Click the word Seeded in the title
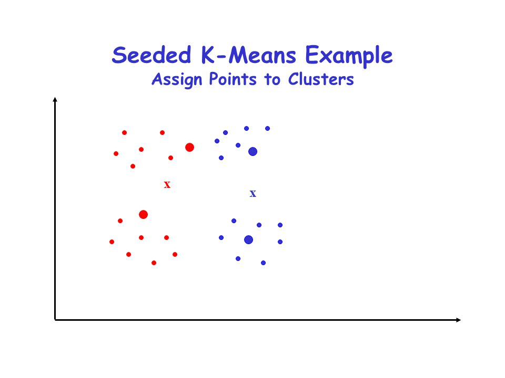pyautogui.click(x=151, y=55)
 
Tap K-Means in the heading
pyautogui.click(x=248, y=55)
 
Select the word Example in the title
pyautogui.click(x=349, y=56)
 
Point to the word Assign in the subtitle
pyautogui.click(x=177, y=80)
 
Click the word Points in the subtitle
pyautogui.click(x=233, y=79)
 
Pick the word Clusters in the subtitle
pyautogui.click(x=321, y=79)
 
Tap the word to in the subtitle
pyautogui.click(x=272, y=80)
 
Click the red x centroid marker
pyautogui.click(x=167, y=184)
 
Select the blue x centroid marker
pyautogui.click(x=253, y=194)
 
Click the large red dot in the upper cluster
pyautogui.click(x=190, y=147)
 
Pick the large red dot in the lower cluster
pyautogui.click(x=143, y=214)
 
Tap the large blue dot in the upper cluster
pyautogui.click(x=253, y=151)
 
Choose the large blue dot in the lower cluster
pyautogui.click(x=249, y=239)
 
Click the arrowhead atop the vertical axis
pyautogui.click(x=55, y=100)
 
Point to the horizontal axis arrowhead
pyautogui.click(x=459, y=320)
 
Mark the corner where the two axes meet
pyautogui.click(x=55, y=320)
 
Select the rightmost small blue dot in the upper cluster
pyautogui.click(x=267, y=128)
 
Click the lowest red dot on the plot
pyautogui.click(x=154, y=263)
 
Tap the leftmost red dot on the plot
pyautogui.click(x=112, y=241)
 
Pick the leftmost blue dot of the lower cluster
pyautogui.click(x=221, y=237)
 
